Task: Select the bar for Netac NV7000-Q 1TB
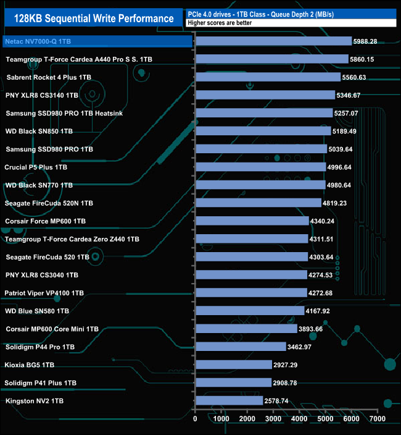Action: click(273, 41)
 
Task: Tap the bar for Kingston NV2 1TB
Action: click(229, 401)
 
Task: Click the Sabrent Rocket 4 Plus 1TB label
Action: click(49, 77)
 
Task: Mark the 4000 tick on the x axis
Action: click(299, 419)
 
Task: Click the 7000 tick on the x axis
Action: click(377, 419)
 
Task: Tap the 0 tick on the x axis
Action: click(196, 419)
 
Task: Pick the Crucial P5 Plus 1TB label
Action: click(35, 167)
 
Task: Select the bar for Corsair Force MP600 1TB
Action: click(252, 221)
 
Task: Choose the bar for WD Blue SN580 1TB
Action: click(250, 311)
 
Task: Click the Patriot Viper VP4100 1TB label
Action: click(44, 293)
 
